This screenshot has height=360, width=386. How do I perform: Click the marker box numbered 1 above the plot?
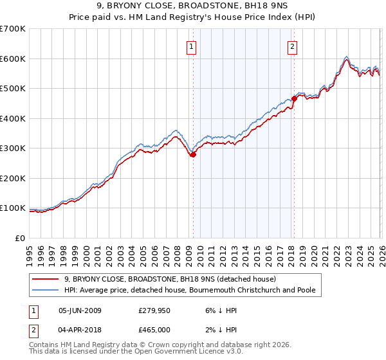pyautogui.click(x=192, y=46)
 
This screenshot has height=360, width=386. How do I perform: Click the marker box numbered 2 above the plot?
pyautogui.click(x=292, y=46)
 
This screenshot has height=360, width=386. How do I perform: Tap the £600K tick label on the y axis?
pyautogui.click(x=13, y=59)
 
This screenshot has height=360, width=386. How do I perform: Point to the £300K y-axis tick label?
pyautogui.click(x=13, y=148)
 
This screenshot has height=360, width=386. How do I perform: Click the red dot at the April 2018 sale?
pyautogui.click(x=294, y=98)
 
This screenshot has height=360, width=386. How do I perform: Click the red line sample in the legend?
pyautogui.click(x=45, y=279)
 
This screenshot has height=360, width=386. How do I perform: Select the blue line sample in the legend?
pyautogui.click(x=45, y=290)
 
